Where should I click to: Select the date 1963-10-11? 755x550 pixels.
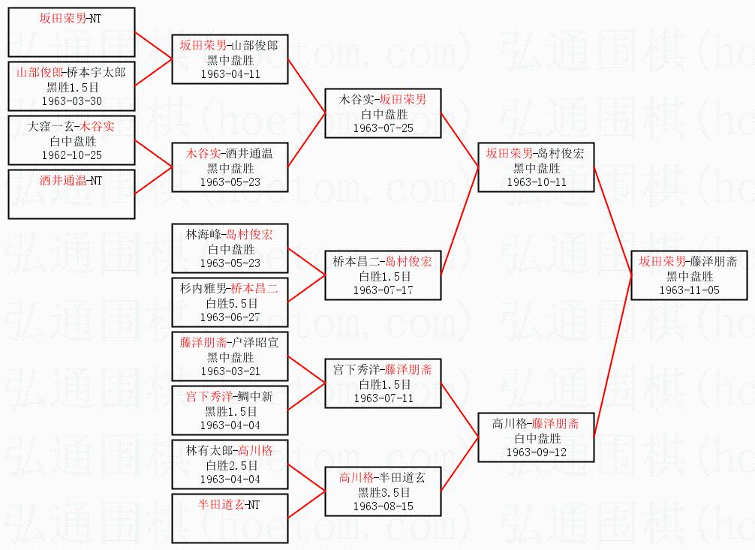click(536, 182)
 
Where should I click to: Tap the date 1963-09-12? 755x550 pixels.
click(536, 452)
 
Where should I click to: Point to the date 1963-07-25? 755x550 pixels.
click(383, 128)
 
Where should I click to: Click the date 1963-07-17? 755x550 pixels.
click(383, 290)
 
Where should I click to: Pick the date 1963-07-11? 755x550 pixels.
click(383, 398)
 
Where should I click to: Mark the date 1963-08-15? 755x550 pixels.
click(383, 506)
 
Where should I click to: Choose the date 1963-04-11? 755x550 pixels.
click(230, 74)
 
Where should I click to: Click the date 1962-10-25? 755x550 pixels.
click(71, 155)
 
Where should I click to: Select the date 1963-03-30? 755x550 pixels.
click(71, 101)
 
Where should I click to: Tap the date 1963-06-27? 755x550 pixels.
click(230, 317)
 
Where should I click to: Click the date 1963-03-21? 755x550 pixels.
click(230, 371)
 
